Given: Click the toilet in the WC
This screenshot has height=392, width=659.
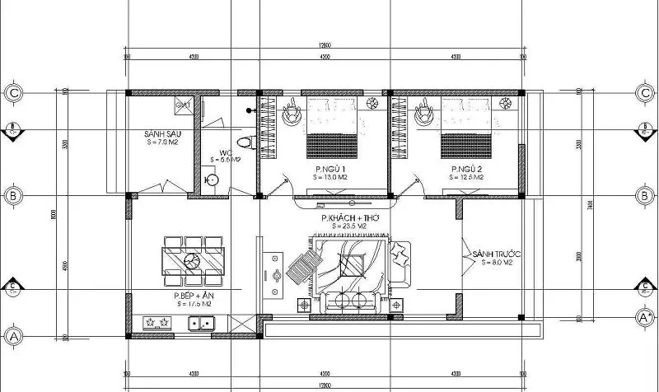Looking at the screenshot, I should [242, 143].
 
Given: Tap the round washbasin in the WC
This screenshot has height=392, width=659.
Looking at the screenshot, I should [211, 178].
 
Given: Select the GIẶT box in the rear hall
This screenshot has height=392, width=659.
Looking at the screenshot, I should [183, 105].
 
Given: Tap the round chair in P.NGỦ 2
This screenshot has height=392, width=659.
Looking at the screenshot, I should [426, 115].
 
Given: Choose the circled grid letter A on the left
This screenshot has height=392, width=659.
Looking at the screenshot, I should [14, 335].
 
